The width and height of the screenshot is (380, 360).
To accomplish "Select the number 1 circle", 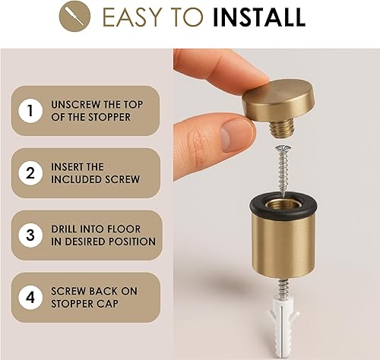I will (30, 112).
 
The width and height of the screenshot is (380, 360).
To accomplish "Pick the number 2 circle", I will (30, 173).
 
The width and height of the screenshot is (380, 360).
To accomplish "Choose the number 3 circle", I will (30, 235).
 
